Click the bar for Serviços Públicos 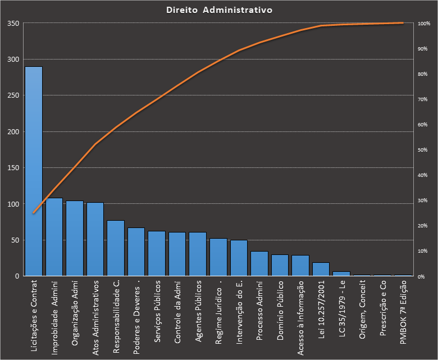coord(157,253)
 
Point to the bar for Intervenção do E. coord(239,258)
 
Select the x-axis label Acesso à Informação coord(300,317)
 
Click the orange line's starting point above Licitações coord(34,213)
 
